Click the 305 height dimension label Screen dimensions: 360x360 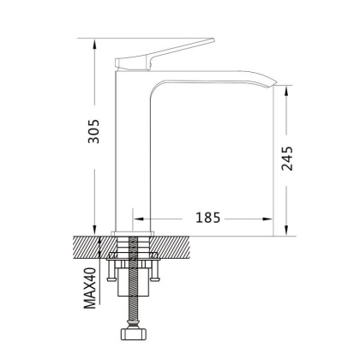click(95, 132)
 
